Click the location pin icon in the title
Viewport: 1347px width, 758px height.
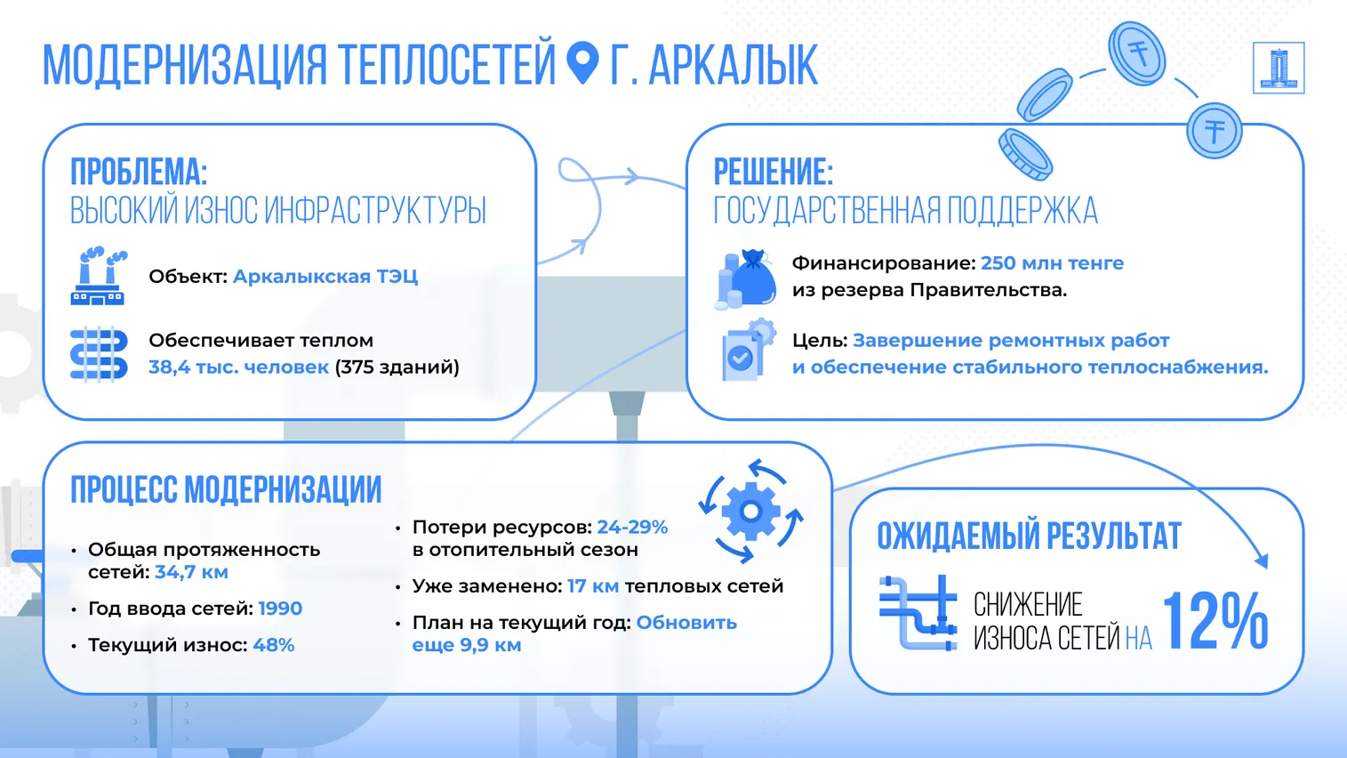[x=582, y=62]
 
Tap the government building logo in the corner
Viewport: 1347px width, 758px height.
[x=1279, y=68]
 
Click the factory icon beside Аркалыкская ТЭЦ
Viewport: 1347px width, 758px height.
[x=99, y=276]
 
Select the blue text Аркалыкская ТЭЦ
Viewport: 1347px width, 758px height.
[x=325, y=276]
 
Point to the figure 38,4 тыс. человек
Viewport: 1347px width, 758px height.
[x=238, y=367]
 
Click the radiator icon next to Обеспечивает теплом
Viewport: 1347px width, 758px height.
[x=99, y=354]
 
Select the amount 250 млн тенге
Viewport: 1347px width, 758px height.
[x=1053, y=262]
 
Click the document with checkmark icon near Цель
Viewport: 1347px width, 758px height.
[x=748, y=351]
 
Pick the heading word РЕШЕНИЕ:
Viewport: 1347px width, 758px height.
[x=774, y=172]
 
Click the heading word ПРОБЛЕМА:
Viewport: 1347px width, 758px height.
[x=139, y=172]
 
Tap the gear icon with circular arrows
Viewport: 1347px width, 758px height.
[x=750, y=512]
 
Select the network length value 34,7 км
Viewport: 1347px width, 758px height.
[x=191, y=571]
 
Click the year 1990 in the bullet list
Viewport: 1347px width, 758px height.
[x=279, y=609]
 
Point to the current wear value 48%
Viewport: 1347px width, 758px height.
[x=274, y=645]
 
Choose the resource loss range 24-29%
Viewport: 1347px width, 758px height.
[x=632, y=527]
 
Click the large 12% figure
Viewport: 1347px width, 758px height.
[x=1216, y=620]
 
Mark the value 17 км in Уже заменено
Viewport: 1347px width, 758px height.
[x=593, y=586]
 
